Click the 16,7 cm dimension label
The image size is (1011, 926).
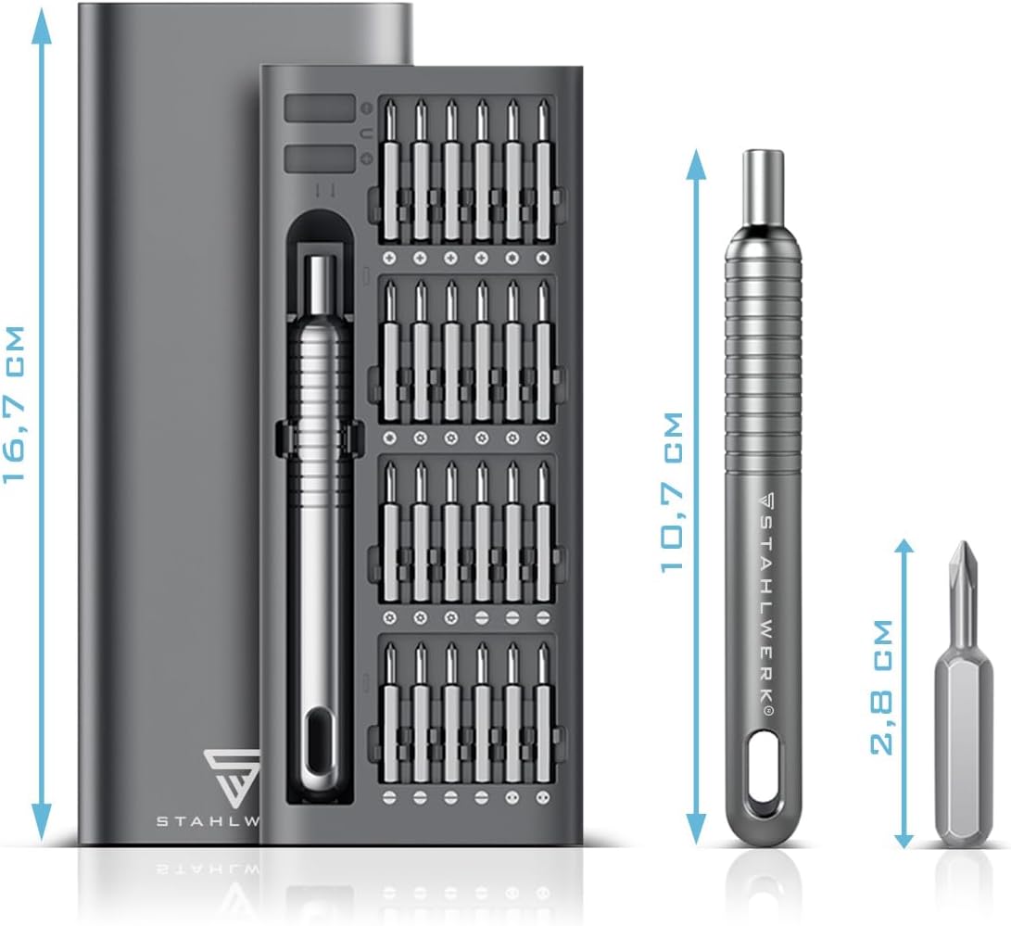point(14,404)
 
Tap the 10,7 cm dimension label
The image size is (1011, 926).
point(671,491)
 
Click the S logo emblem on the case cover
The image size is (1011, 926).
point(232,775)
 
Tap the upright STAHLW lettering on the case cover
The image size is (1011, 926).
point(209,821)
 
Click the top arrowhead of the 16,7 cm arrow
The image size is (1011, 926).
point(43,26)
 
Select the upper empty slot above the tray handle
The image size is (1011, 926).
point(320,108)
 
